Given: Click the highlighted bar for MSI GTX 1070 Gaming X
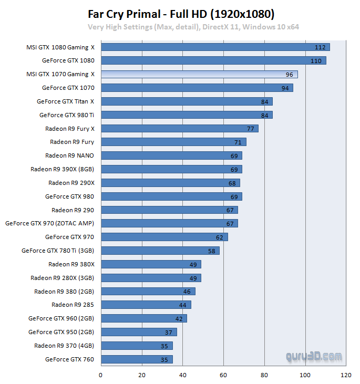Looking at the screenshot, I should coord(199,75).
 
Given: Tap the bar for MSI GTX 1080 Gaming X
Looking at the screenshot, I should coord(215,47).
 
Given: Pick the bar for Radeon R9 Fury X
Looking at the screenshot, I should coord(179,128).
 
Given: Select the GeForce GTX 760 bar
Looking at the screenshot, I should coord(137,359).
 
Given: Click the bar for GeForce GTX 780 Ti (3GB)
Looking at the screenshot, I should coord(160,251).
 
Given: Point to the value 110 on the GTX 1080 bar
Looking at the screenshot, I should coord(316,61).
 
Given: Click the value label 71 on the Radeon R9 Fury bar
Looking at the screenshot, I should coord(238,142).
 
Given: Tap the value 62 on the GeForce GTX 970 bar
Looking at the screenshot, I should coord(219,237).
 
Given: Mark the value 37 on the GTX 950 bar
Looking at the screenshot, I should coord(168,332).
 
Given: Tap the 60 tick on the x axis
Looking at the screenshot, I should coord(223,376).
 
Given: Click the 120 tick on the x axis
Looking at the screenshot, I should coord(346,376).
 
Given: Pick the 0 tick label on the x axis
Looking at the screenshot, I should coord(101,376).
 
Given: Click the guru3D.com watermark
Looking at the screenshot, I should coord(314,357).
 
